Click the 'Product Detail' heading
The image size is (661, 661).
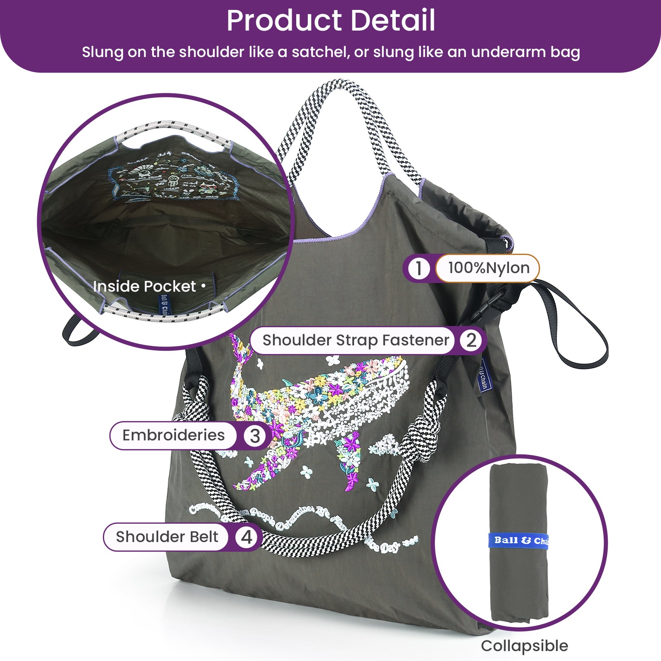330,21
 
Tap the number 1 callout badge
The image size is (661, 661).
418,268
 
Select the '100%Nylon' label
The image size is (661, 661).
488,268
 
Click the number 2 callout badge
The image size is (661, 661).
471,340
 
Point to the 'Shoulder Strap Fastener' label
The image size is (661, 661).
355,340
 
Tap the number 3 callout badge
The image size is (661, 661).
254,436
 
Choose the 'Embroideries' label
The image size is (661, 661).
174,435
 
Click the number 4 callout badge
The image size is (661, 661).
246,537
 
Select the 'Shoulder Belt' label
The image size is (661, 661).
167,537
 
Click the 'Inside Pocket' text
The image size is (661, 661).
145,286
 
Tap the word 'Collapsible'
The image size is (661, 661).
524,646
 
